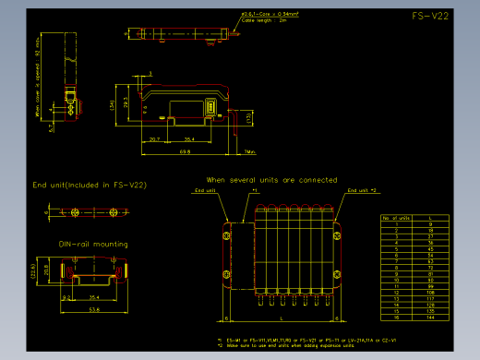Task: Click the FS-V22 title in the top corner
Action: coord(431,17)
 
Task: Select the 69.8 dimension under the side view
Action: coord(185,150)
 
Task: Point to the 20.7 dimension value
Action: coord(154,138)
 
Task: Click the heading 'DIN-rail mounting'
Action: coord(93,245)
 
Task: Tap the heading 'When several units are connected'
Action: coord(271,179)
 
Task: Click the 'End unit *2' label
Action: coord(362,189)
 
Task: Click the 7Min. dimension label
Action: coord(250,150)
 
